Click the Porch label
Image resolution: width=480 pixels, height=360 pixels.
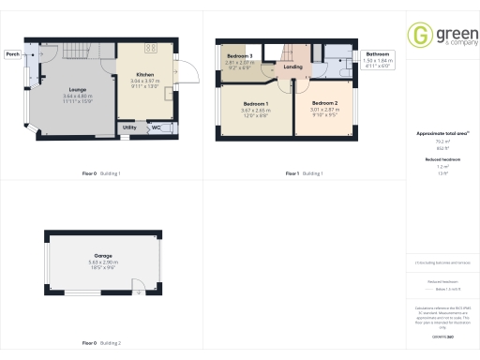click(13, 54)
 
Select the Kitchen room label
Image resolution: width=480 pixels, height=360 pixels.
click(145, 73)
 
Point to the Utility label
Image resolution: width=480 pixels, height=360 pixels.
click(128, 127)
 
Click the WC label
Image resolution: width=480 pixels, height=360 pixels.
click(157, 127)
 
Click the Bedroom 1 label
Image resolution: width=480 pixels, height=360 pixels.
click(255, 102)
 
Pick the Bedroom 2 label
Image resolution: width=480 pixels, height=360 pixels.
click(324, 102)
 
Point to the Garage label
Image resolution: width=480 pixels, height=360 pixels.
click(102, 255)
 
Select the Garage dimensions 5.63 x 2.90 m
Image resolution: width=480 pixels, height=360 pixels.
click(102, 262)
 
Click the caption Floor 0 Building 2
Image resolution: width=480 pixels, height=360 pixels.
click(101, 344)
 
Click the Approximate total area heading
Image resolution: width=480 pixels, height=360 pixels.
click(437, 134)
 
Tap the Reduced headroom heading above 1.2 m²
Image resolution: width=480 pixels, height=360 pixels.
click(437, 159)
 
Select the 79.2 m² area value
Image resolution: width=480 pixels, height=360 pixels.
click(437, 142)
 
